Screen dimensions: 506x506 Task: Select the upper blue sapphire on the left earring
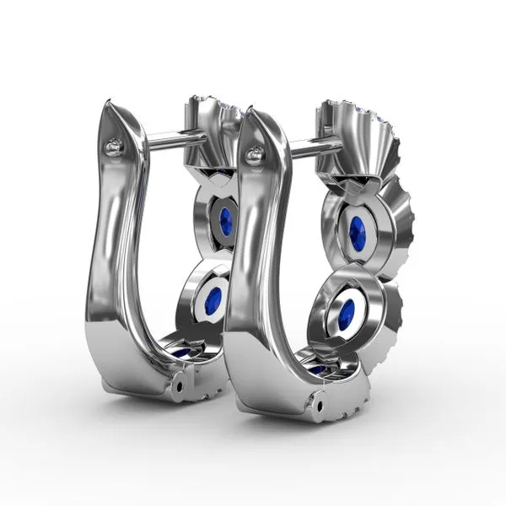[x=225, y=222]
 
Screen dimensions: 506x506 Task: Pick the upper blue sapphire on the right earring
[x=358, y=234]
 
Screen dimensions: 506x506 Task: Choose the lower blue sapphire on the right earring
[x=346, y=314]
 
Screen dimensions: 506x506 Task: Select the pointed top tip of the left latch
[x=106, y=104]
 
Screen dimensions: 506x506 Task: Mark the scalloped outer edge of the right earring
[x=409, y=228]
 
